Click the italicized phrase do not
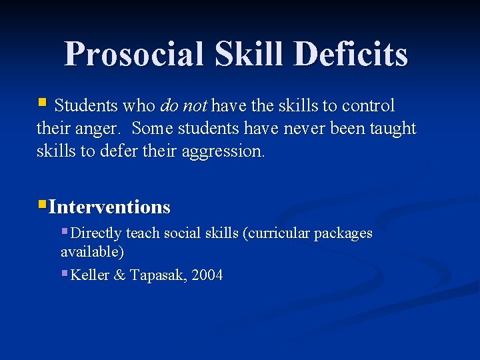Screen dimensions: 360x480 coord(184,106)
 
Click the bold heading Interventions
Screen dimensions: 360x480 coord(109,207)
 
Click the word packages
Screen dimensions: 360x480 coord(343,234)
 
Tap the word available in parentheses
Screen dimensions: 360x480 coord(91,252)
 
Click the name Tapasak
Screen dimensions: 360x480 coord(157,275)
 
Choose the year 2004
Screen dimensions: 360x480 coord(207,275)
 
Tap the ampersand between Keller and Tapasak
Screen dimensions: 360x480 coord(120,275)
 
